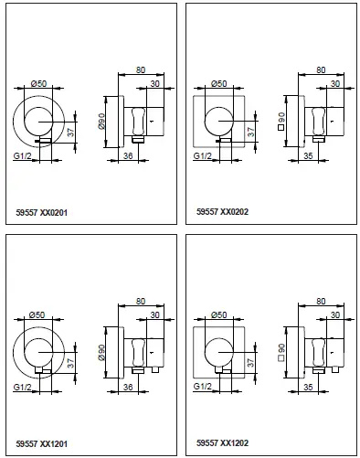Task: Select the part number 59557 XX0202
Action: click(x=223, y=212)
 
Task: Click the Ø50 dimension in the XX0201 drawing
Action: click(x=39, y=84)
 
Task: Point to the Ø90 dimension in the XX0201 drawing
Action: click(x=105, y=120)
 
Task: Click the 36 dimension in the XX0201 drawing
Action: click(x=128, y=156)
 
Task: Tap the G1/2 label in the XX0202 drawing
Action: click(x=205, y=156)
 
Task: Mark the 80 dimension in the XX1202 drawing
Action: click(x=320, y=301)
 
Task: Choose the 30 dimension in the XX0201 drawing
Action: click(x=155, y=83)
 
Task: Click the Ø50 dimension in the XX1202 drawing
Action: click(x=219, y=316)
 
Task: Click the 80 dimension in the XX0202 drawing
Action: click(x=320, y=69)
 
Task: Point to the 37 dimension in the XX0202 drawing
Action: click(x=249, y=133)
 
